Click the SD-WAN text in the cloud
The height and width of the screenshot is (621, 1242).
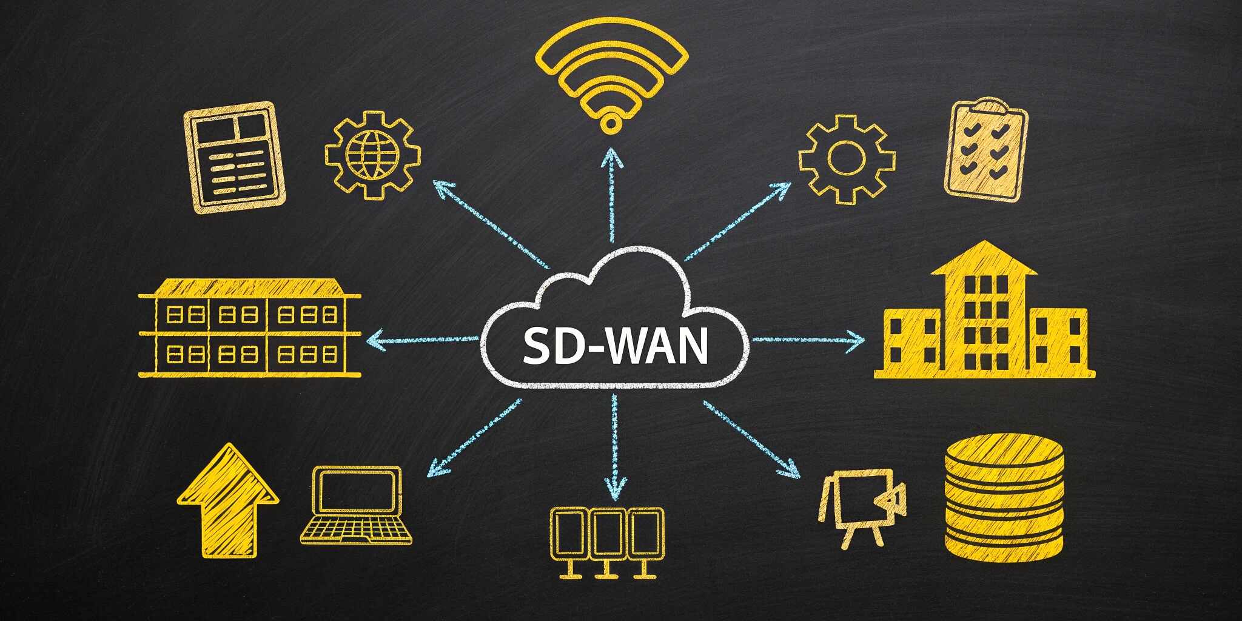[615, 346]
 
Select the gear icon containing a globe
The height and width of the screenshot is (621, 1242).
[372, 155]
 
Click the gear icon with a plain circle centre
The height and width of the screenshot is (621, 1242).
[847, 158]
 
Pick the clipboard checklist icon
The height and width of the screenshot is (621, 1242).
[985, 149]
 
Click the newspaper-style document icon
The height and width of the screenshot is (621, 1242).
[236, 158]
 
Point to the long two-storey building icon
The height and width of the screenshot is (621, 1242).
[249, 328]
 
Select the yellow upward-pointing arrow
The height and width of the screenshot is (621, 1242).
[228, 500]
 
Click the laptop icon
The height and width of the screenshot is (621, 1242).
[357, 506]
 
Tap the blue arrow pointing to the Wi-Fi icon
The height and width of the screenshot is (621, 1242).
[613, 194]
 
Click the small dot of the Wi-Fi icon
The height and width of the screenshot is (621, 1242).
[611, 123]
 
